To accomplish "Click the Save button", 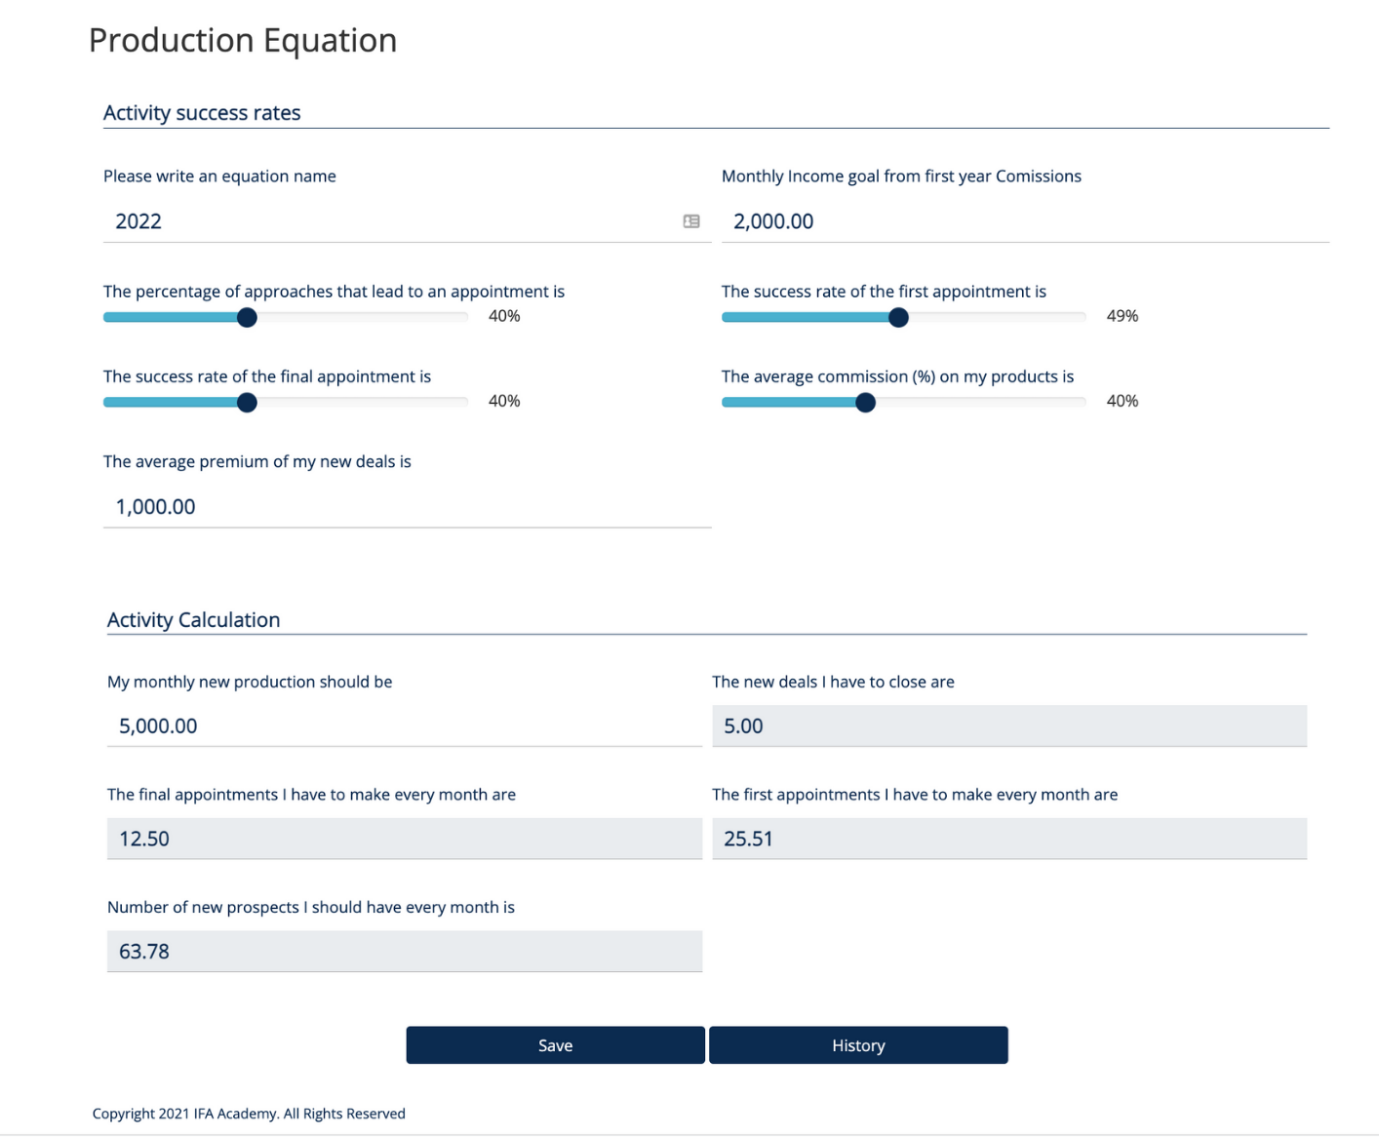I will pos(555,1045).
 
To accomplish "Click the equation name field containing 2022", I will pos(390,221).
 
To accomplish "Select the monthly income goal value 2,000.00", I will pos(773,221).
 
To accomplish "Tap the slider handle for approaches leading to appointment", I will pos(247,317).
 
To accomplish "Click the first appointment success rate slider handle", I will pos(898,317).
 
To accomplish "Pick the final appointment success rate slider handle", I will pos(247,402).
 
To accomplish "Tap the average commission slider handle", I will pos(865,402).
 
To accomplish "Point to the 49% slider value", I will pos(1122,316).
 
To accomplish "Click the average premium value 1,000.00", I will pos(156,507).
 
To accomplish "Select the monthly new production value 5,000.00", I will pos(158,726).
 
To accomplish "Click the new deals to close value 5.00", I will pos(743,726).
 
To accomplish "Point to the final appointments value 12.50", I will pos(144,839).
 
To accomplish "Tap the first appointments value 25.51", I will pos(748,839).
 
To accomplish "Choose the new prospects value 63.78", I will pos(144,952).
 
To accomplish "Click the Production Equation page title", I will pos(243,41).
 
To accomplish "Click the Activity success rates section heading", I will pos(202,113).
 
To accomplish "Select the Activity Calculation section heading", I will pos(193,620).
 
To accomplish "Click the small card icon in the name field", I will pos(691,221).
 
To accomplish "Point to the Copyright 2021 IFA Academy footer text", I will pos(249,1114).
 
